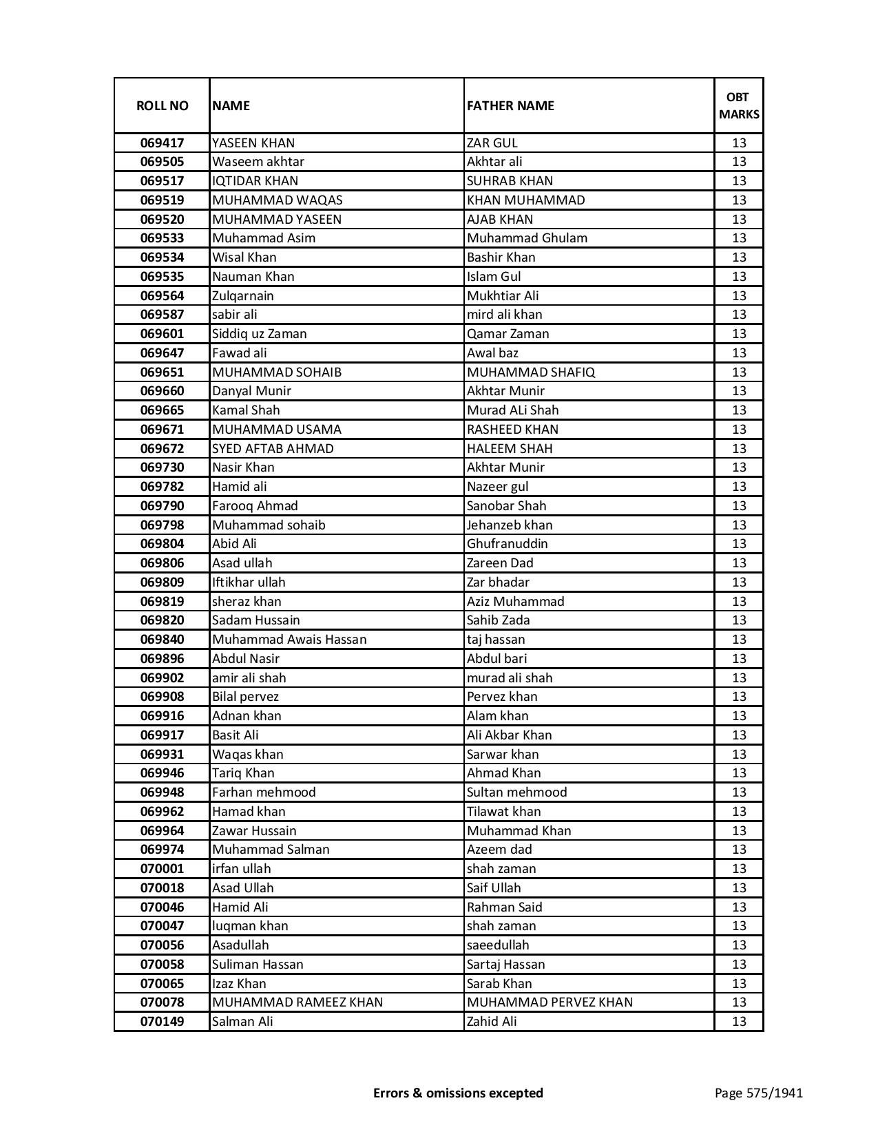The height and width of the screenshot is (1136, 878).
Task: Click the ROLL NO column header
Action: click(x=162, y=105)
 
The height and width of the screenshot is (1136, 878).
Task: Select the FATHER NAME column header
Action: click(x=510, y=105)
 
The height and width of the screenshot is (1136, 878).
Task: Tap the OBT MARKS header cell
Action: click(x=739, y=105)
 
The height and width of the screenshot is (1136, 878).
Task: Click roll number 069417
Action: click(x=162, y=143)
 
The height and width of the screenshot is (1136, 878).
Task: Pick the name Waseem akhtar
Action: click(x=258, y=162)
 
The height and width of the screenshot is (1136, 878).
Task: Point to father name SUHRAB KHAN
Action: click(x=510, y=181)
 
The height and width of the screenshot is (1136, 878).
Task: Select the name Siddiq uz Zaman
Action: click(x=260, y=334)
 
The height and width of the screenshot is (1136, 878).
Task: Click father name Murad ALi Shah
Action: click(x=512, y=410)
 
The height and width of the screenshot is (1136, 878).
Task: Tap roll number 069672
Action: click(x=162, y=448)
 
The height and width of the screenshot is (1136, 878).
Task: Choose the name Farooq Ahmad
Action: click(x=255, y=506)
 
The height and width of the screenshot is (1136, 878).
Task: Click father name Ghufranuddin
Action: click(x=508, y=544)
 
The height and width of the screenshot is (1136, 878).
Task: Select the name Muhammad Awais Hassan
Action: click(x=289, y=640)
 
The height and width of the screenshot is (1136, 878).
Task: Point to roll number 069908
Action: click(x=162, y=697)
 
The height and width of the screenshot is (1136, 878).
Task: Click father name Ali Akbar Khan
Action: click(x=509, y=735)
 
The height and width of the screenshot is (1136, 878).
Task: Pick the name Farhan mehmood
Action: click(x=264, y=792)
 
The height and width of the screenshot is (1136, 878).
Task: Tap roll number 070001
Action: click(x=162, y=869)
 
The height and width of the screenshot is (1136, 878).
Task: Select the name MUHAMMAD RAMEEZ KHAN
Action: click(x=297, y=1002)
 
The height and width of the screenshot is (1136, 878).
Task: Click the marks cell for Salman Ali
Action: click(x=739, y=1022)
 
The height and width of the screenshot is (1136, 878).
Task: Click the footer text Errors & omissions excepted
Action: click(x=458, y=1093)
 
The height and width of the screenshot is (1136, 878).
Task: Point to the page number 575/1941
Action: click(x=759, y=1093)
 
